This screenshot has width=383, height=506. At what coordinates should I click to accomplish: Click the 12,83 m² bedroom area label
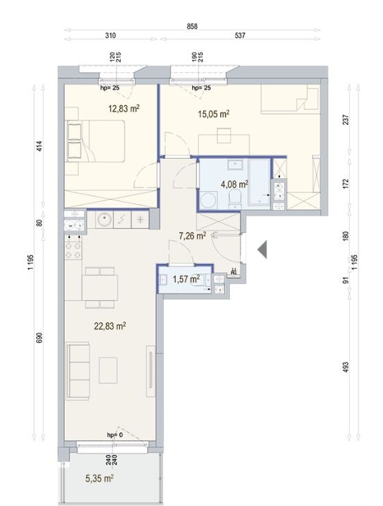coord(124,108)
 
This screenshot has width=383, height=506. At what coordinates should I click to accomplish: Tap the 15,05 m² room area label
coord(214,114)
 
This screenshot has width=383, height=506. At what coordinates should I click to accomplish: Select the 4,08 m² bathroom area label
coord(234,184)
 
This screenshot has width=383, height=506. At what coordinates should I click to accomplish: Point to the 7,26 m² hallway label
coord(192,236)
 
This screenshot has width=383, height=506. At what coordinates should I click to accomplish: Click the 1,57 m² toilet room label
coord(186,279)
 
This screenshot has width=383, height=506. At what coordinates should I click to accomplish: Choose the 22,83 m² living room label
coord(110,326)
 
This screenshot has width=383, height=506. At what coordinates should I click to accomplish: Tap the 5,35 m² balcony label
coord(99,478)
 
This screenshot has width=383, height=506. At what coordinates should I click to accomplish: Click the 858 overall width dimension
coord(192,27)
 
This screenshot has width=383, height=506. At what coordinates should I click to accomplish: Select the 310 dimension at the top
coord(110,35)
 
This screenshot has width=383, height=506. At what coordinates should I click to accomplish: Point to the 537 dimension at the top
coord(240,35)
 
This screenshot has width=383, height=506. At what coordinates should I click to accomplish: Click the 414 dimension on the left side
coord(40,147)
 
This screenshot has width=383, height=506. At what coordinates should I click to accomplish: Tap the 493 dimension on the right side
coord(346,368)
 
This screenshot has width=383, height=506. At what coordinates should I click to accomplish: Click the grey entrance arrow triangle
coord(262,250)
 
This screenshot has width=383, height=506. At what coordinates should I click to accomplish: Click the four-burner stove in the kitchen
coord(73,251)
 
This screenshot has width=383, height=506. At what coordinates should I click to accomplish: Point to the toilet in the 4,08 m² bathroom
coord(234,198)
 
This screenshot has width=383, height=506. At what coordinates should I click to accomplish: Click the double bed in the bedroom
coord(95,141)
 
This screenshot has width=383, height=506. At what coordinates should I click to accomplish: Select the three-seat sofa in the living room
coord(78,371)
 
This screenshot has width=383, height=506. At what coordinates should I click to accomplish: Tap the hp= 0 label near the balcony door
coord(114,435)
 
